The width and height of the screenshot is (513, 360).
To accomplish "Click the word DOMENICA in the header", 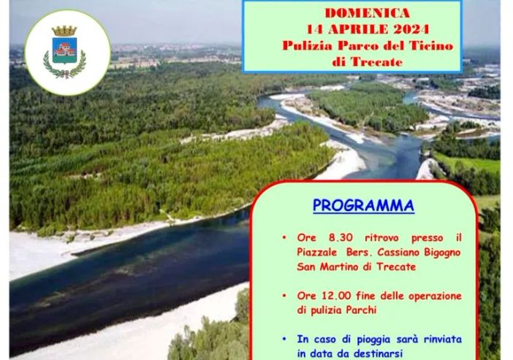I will [x=368, y=13].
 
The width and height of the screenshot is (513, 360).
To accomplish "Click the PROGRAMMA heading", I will [x=363, y=206].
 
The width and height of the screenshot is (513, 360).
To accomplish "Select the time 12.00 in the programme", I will [x=333, y=296].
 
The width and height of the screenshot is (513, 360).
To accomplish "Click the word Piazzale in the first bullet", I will [x=319, y=252].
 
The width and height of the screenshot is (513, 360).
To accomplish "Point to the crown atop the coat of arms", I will [x=65, y=31].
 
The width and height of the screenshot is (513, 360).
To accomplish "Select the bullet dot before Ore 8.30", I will [x=284, y=239].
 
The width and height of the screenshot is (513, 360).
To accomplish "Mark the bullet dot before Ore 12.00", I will [x=284, y=296].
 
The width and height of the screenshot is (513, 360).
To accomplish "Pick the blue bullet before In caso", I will [x=284, y=340].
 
